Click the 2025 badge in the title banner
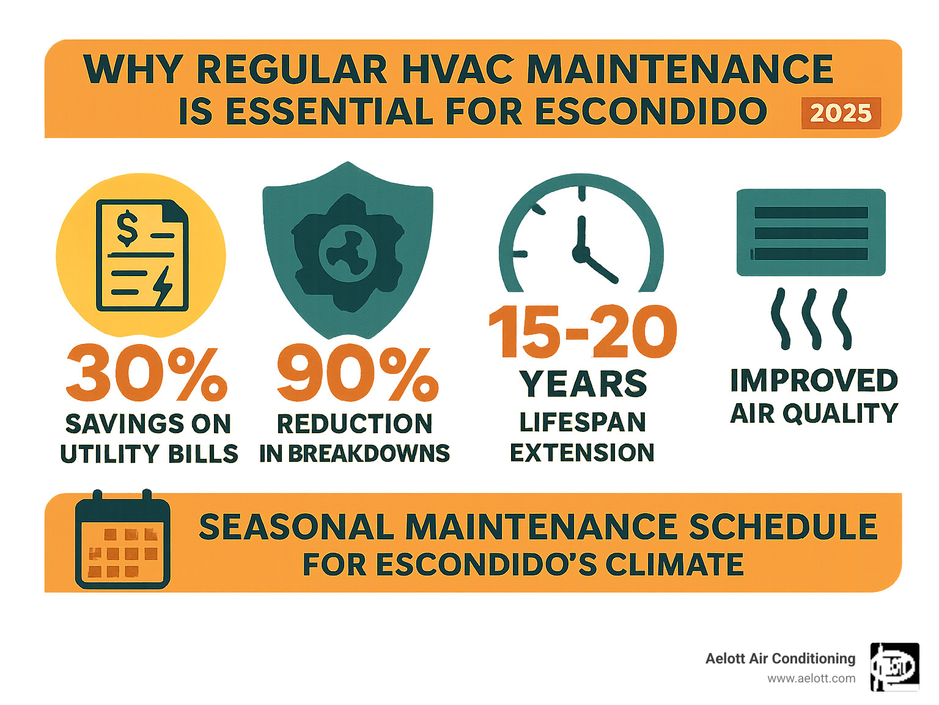point(841,113)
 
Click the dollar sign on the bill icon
point(127,227)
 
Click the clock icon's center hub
point(580,252)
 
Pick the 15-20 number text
point(583,332)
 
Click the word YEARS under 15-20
point(583,384)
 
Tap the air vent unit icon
point(811,232)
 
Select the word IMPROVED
point(814,381)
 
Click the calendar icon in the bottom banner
point(122,540)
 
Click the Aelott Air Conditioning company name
point(780,659)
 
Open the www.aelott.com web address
point(811,679)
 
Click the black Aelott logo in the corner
point(894,667)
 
